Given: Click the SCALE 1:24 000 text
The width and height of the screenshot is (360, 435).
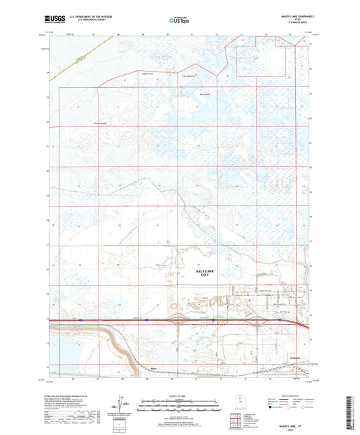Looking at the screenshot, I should (180, 395).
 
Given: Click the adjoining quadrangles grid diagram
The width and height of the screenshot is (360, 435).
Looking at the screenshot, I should (238, 419).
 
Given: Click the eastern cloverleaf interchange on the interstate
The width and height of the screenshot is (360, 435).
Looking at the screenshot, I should (214, 320).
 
